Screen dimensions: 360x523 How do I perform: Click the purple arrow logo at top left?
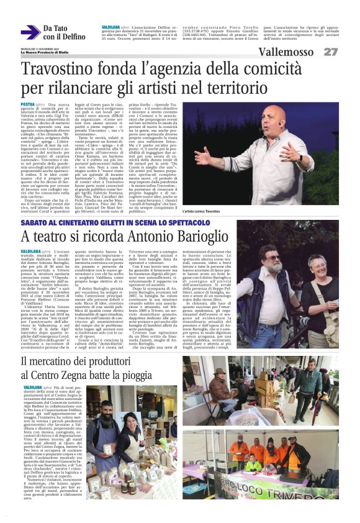[30, 32]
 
